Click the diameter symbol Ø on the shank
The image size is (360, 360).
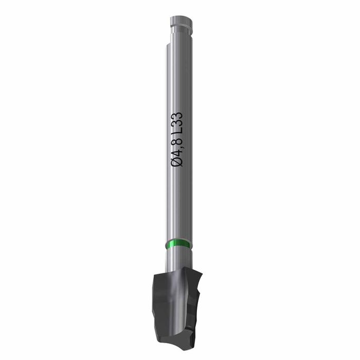(177, 161)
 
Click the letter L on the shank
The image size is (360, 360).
(177, 129)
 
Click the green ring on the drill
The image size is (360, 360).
(178, 244)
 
